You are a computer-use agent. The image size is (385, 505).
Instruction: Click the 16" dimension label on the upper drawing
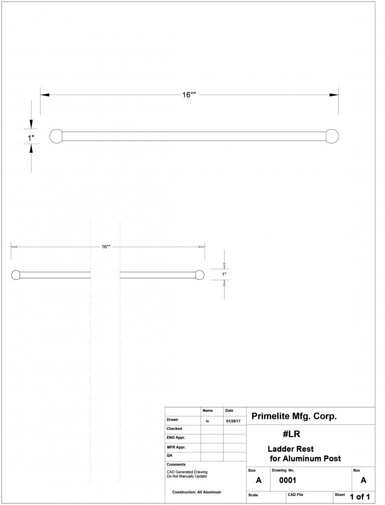click(189, 95)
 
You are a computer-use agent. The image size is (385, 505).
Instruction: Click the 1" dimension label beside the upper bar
click(31, 137)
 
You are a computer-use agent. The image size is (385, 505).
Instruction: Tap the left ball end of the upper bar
click(56, 136)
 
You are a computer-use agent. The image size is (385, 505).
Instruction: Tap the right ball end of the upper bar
click(332, 136)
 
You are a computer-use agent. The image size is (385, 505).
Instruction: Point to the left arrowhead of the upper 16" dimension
click(44, 95)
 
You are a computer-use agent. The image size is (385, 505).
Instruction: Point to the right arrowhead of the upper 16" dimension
click(334, 95)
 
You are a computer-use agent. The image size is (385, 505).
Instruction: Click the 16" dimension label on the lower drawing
click(106, 247)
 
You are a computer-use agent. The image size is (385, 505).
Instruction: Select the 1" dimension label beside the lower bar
click(225, 274)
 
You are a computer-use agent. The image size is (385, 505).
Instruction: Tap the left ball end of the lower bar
click(16, 275)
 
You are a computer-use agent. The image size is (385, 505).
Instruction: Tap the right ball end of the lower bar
click(200, 275)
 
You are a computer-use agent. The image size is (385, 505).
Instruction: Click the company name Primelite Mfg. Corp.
click(294, 416)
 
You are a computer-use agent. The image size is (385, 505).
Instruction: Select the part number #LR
click(291, 434)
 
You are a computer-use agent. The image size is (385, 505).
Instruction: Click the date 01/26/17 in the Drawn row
click(233, 421)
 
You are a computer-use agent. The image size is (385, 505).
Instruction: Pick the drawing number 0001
click(288, 480)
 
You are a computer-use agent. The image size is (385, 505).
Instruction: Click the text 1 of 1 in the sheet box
click(359, 496)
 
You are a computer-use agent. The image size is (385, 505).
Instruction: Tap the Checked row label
click(174, 429)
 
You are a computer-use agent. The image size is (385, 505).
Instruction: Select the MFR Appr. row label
click(176, 447)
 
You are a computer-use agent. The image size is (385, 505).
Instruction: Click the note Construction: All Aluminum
click(197, 492)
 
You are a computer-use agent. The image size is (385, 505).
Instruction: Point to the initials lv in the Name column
click(208, 421)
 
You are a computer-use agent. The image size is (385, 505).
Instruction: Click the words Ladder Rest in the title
click(291, 449)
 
